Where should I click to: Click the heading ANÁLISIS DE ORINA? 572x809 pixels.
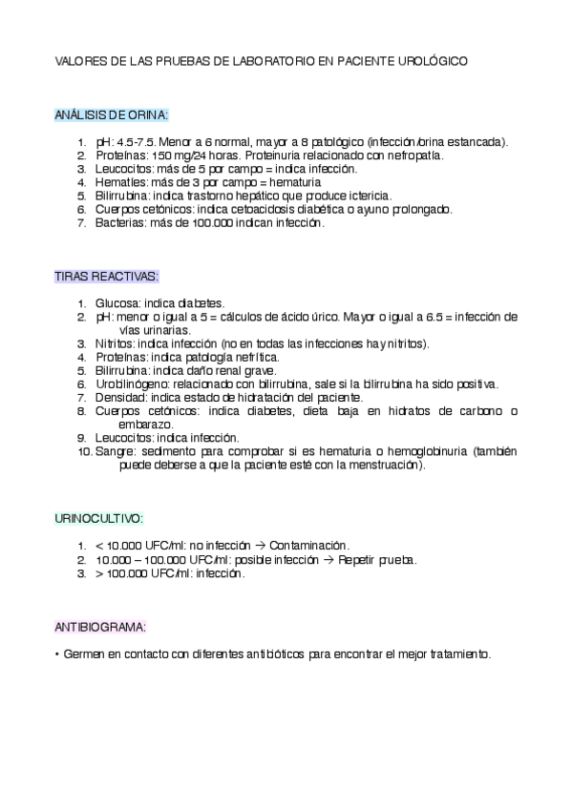click(x=112, y=115)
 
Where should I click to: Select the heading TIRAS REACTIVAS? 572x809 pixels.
click(x=107, y=277)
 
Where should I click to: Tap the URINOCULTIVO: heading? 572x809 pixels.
click(x=99, y=518)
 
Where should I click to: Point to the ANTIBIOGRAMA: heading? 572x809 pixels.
click(x=100, y=627)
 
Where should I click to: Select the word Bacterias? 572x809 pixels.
click(x=119, y=223)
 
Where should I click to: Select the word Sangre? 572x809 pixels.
click(x=115, y=451)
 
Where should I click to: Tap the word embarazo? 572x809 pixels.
click(x=145, y=425)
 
